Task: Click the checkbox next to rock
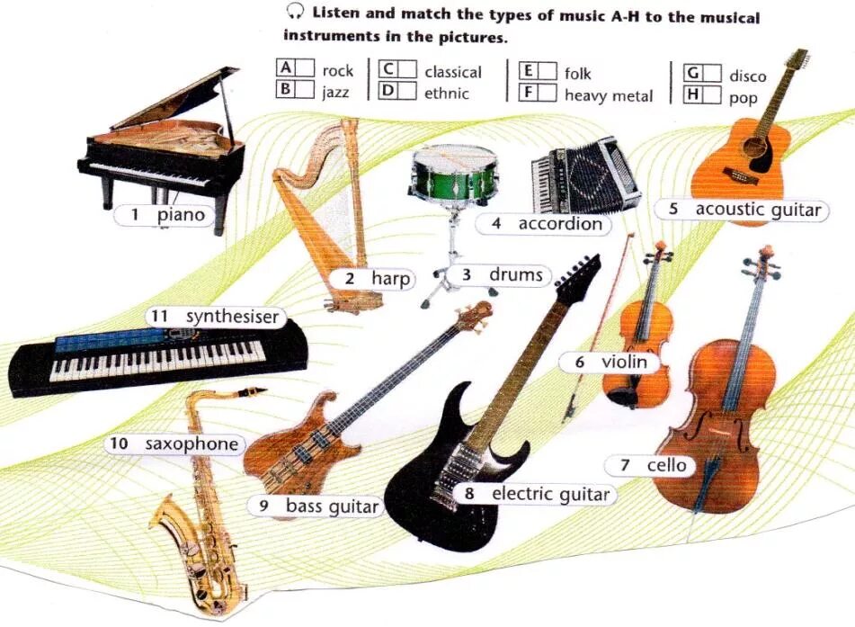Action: point(306,69)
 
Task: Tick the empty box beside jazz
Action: point(306,90)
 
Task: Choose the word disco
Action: point(747,76)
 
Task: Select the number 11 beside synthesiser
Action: point(160,317)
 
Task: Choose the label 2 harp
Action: point(378,279)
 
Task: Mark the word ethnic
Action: point(446,93)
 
